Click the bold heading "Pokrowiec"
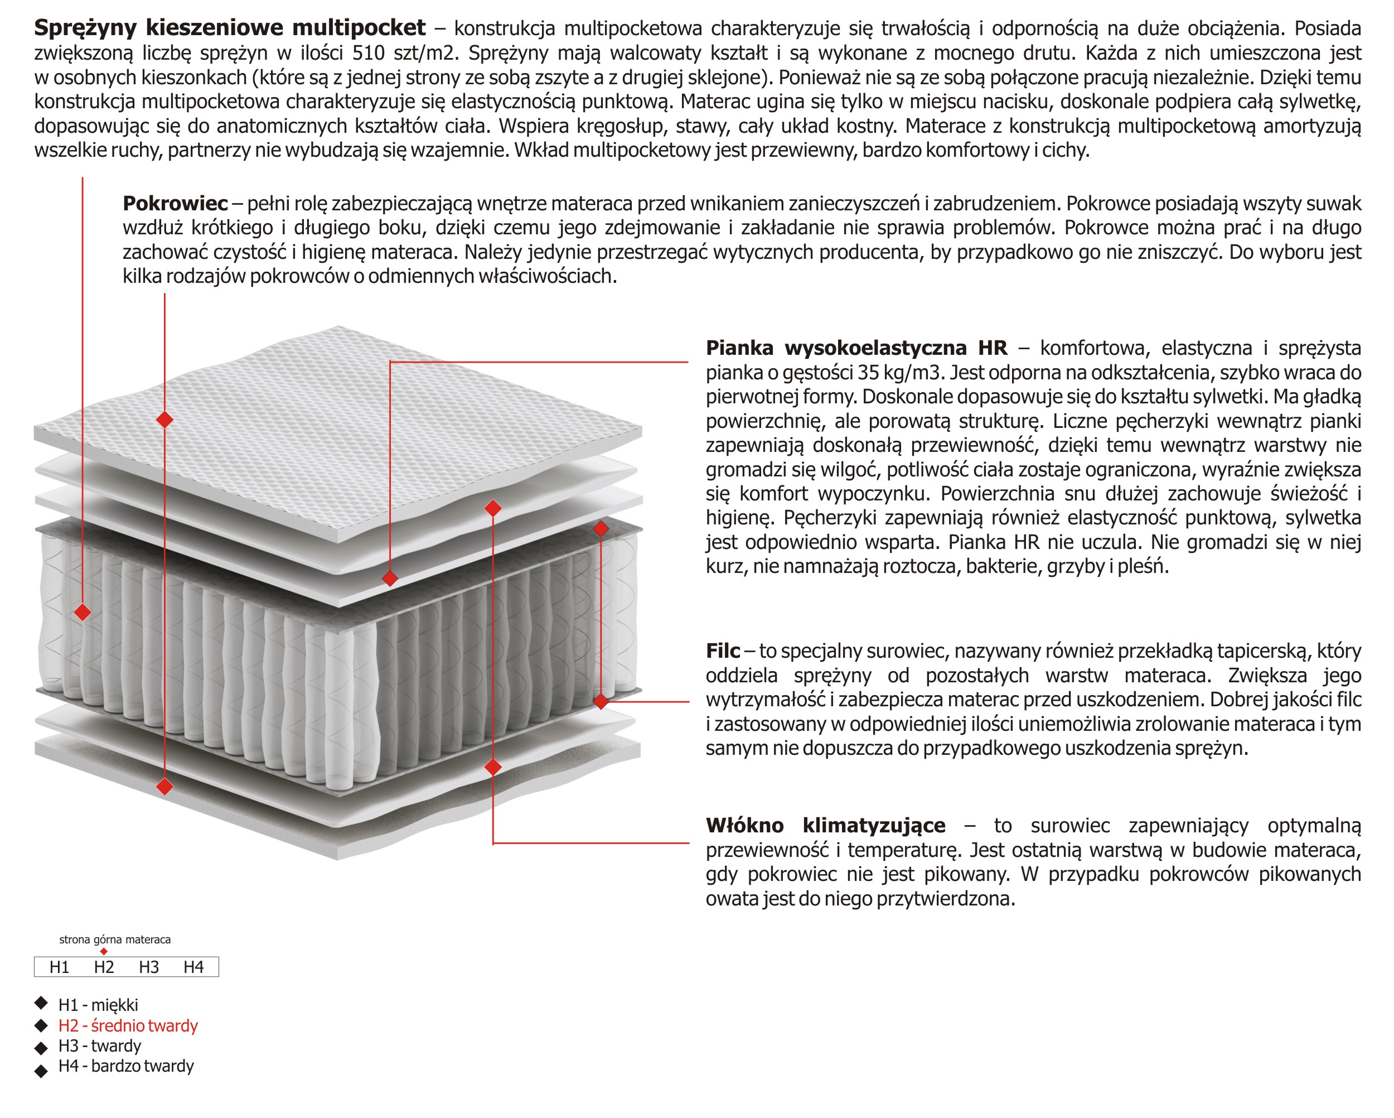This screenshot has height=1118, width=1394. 175,203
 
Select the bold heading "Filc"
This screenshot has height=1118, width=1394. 723,650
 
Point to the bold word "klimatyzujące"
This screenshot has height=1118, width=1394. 874,826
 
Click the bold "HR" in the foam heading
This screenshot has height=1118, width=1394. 993,348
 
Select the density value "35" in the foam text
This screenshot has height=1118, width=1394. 868,373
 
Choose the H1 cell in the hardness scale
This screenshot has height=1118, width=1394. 60,967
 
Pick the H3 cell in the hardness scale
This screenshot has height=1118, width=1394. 149,967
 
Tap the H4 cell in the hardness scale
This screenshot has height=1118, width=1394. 193,967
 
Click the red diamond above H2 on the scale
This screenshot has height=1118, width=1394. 104,952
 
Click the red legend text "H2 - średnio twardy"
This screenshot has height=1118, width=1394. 128,1025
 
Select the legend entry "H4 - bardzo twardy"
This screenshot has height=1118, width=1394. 126,1066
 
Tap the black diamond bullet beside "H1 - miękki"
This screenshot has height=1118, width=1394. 41,1003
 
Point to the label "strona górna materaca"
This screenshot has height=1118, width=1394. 115,939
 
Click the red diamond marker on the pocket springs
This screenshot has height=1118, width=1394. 83,612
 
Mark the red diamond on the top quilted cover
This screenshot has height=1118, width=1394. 165,420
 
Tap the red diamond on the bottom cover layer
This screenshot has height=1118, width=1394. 165,787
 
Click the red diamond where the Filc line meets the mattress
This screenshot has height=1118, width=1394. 601,701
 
